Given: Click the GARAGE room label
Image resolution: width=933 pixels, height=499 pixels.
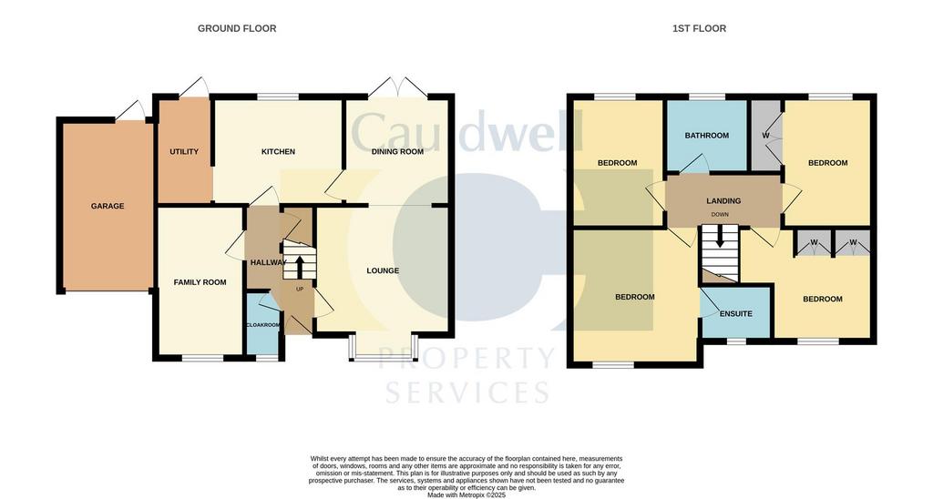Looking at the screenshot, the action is point(108,207).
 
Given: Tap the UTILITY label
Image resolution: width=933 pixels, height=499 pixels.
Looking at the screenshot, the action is point(184,152).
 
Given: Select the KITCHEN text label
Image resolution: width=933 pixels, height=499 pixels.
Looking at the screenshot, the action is point(279,152).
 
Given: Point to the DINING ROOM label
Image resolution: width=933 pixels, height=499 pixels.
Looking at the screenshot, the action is point(397,152).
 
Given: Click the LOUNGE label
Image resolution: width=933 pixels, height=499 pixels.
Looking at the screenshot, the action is point(383,270).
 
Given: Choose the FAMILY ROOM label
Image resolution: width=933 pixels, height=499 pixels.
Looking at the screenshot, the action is point(200,282).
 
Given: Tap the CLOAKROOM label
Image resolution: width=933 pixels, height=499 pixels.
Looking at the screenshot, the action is point(263,325).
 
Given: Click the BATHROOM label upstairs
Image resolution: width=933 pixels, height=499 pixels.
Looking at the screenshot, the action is point(707,136).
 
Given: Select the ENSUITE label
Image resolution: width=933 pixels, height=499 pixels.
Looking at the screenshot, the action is point(736,314).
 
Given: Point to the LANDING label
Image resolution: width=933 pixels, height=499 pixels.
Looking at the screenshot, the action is point(723,201).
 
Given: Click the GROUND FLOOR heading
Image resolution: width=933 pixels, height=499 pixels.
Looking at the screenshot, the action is point(237,28).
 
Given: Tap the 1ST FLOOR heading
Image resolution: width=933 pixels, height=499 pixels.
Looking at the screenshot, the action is point(699,28).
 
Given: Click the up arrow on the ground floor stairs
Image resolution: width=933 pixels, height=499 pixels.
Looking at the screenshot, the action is point(299,267).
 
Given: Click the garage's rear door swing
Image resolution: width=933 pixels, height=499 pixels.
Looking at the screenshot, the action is point(132,110).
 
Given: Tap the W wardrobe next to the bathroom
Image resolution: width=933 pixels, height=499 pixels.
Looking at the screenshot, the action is point(765,136).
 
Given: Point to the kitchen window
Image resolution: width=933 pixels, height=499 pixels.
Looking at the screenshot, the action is point(278,97).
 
